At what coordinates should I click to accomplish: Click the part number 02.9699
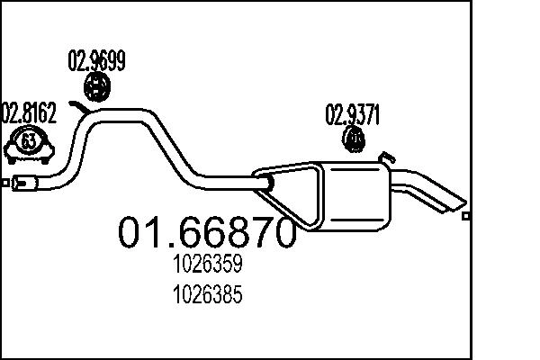pos(96,61)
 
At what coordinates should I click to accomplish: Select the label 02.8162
pos(29,113)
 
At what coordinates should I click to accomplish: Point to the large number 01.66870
pos(207,233)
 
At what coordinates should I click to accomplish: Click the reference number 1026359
pos(207,267)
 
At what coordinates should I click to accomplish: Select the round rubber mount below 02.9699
pos(96,87)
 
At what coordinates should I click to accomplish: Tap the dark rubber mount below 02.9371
pos(355,139)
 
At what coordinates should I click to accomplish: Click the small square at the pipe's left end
pos(5,184)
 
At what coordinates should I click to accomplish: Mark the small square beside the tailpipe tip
pos(464,215)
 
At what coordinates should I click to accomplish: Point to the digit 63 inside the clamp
pos(29,142)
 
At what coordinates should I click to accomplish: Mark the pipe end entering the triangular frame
pos(267,184)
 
